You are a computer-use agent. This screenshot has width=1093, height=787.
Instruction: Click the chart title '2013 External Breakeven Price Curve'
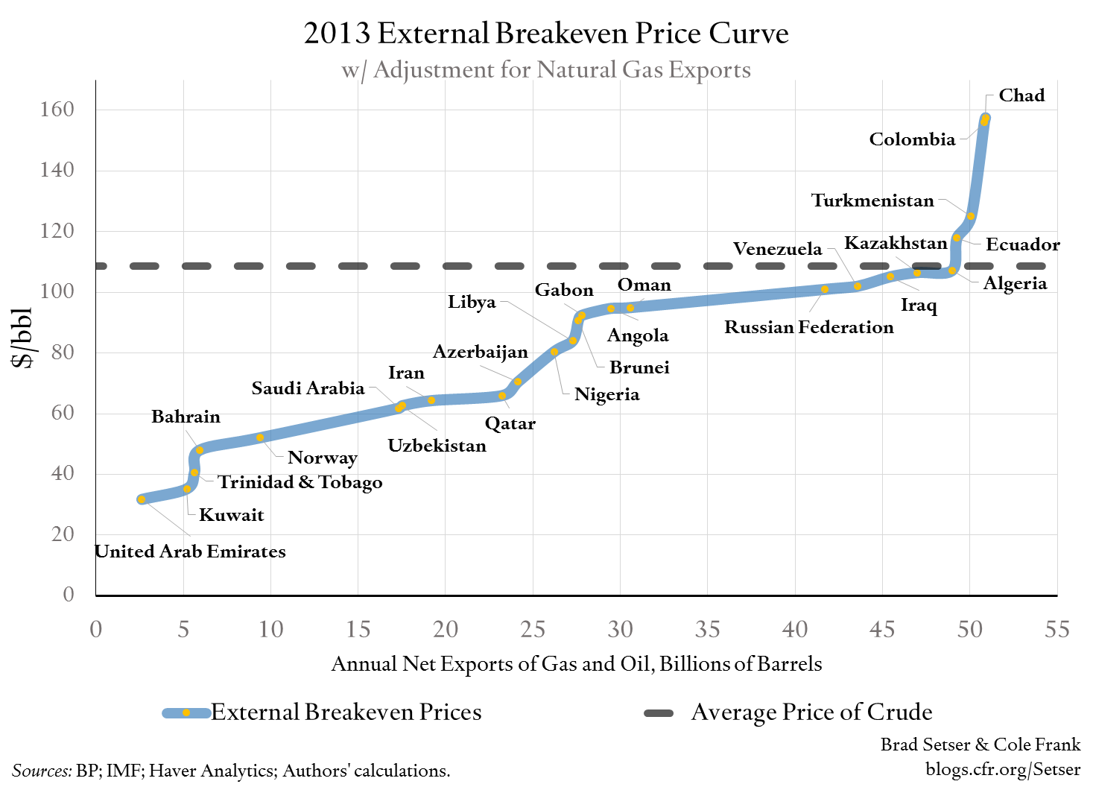546,34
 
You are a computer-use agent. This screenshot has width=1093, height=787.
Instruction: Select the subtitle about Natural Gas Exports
546,70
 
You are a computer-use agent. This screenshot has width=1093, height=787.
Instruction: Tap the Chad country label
1021,95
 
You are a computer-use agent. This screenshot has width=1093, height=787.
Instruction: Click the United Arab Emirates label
191,551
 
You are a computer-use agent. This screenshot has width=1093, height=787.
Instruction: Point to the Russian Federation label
808,327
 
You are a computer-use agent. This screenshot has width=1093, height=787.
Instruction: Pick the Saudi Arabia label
308,388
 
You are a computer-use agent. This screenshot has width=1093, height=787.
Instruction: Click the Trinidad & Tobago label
300,482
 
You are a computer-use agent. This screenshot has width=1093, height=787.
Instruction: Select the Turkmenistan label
872,200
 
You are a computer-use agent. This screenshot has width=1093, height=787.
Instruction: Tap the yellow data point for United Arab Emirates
142,499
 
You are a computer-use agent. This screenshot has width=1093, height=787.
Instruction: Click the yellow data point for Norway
260,437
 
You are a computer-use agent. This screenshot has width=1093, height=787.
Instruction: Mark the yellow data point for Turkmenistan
970,216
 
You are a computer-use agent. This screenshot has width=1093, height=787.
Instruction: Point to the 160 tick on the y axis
57,110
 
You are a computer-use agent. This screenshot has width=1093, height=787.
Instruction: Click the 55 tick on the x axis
1056,630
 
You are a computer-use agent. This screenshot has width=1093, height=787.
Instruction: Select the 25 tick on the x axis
533,630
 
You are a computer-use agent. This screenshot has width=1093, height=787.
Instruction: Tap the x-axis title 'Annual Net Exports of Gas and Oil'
576,664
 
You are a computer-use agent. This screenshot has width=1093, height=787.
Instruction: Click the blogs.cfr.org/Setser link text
1002,769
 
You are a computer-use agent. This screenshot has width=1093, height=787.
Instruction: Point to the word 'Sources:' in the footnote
42,771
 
